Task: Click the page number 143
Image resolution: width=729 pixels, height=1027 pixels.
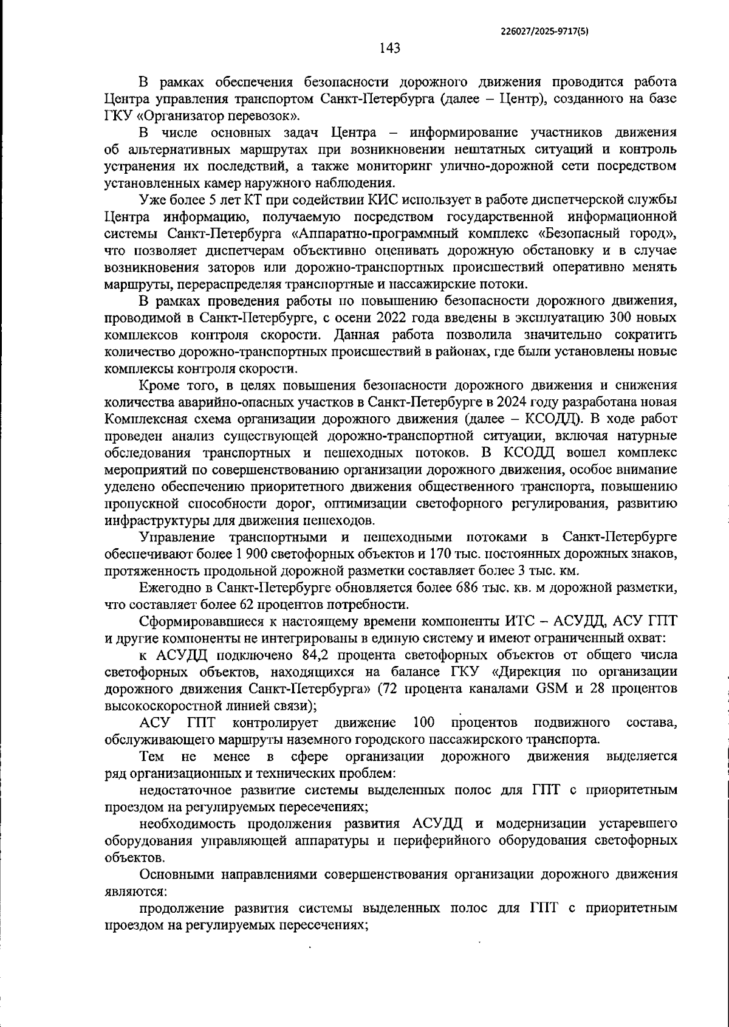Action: click(389, 48)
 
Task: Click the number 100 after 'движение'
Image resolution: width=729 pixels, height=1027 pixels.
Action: click(423, 723)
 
